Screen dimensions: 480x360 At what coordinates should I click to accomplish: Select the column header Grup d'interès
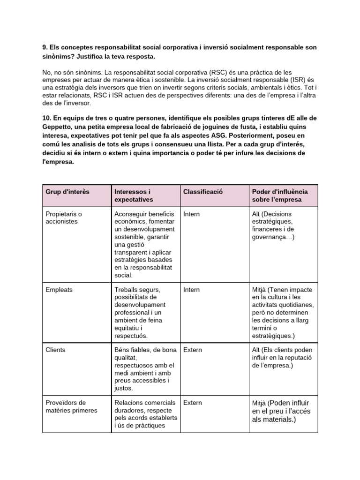[x=67, y=192]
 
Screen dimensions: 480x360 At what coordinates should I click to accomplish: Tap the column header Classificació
[x=203, y=192]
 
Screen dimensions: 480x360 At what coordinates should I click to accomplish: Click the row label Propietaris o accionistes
[x=64, y=217]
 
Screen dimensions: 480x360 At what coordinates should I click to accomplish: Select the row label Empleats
[x=59, y=290]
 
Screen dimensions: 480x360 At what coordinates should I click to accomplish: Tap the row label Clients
[x=55, y=350]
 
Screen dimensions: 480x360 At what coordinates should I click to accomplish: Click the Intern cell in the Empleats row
[x=191, y=290]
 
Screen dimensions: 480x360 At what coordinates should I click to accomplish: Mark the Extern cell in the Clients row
[x=192, y=350]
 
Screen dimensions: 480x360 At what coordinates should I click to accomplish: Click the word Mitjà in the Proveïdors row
[x=259, y=403]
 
